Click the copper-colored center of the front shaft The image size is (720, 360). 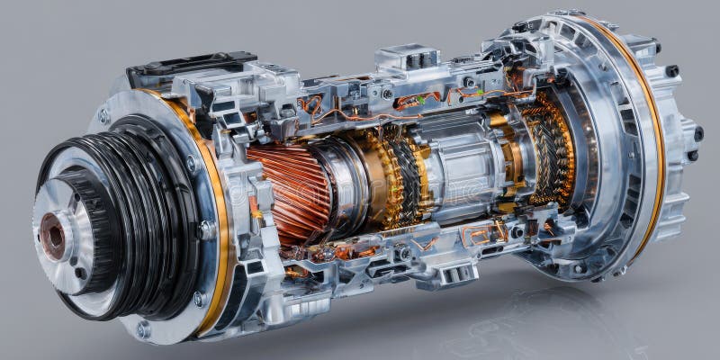click(x=53, y=236)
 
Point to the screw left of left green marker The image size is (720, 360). click(x=387, y=94)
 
